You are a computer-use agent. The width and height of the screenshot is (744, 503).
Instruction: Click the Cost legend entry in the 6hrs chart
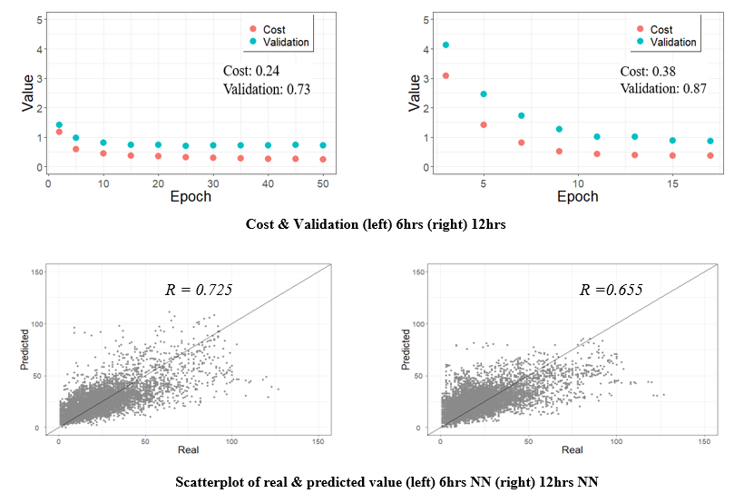[x=273, y=29]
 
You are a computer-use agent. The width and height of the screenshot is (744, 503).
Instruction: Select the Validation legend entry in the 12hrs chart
[x=672, y=42]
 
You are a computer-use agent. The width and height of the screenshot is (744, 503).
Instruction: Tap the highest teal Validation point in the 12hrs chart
[x=445, y=44]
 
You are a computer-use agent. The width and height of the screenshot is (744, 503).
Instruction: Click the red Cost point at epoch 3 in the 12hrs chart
[x=445, y=75]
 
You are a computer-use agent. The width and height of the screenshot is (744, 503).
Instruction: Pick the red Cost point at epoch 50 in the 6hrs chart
[x=323, y=159]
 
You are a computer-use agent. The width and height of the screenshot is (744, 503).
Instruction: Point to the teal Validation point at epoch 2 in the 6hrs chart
[x=59, y=125]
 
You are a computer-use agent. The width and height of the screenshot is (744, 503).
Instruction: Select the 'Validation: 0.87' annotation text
[x=663, y=88]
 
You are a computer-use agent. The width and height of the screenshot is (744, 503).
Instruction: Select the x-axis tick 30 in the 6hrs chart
[x=212, y=182]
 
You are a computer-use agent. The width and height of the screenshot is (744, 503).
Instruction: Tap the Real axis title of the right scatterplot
[x=573, y=450]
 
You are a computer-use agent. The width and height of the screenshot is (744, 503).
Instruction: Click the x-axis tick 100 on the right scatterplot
[x=617, y=440]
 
